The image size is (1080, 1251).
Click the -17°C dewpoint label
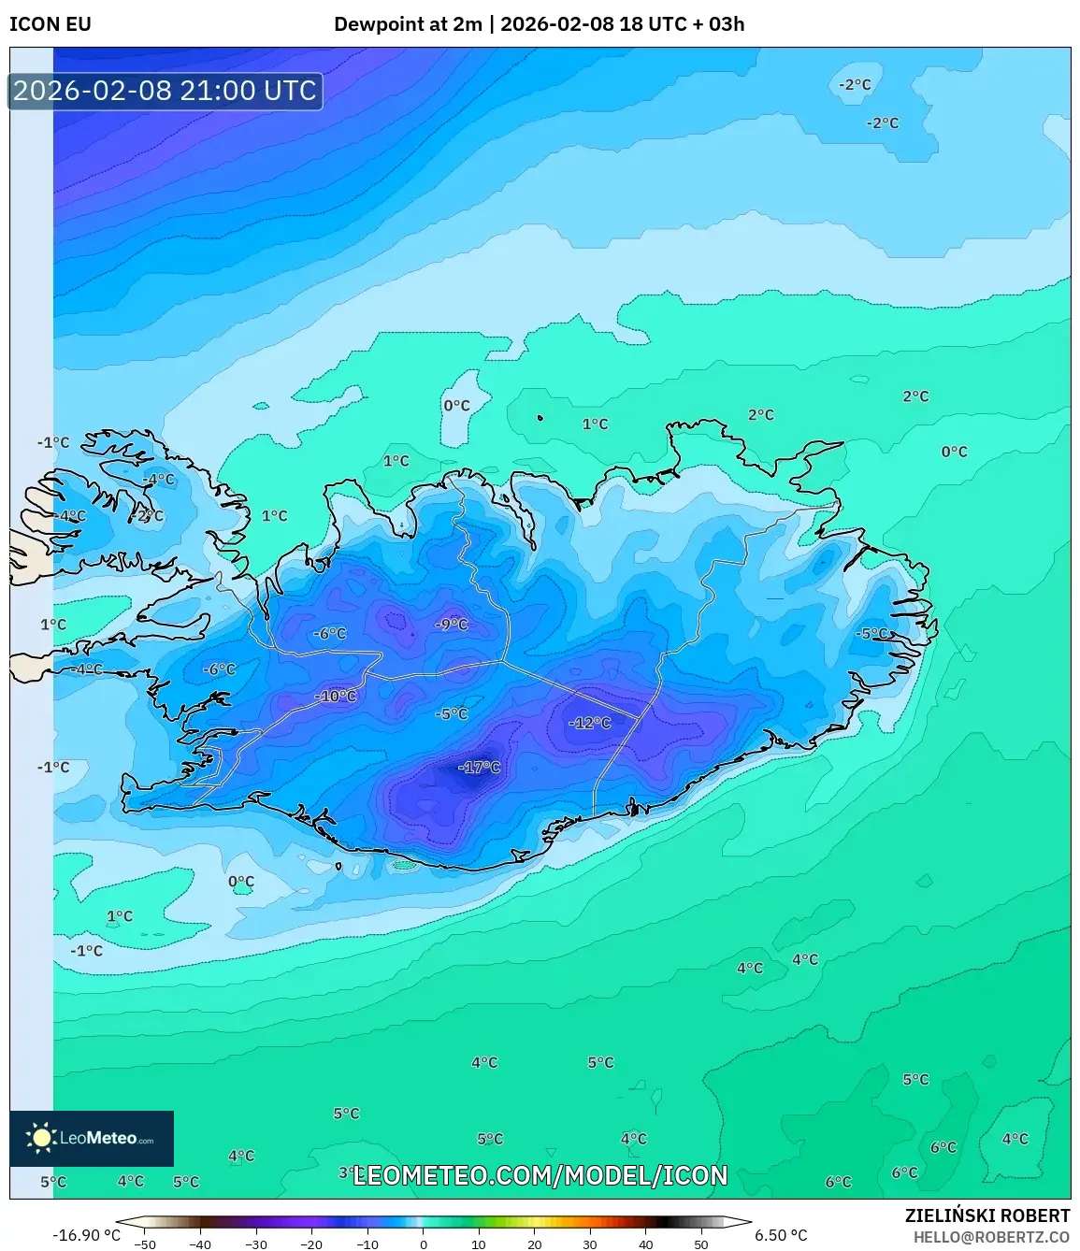click(x=479, y=768)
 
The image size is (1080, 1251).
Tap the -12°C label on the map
click(x=589, y=723)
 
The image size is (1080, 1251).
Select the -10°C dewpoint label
click(x=336, y=696)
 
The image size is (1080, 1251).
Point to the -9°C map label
click(x=452, y=624)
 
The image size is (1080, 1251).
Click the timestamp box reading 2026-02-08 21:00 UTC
click(x=166, y=91)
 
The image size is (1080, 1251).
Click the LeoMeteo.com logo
click(x=92, y=1138)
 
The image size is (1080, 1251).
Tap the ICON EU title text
click(x=50, y=24)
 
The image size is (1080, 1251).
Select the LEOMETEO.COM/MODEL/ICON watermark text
click(x=540, y=1175)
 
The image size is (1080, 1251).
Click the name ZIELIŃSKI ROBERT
click(x=986, y=1215)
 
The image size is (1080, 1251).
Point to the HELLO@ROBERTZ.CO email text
click(x=991, y=1237)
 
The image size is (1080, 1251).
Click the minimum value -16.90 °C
click(x=86, y=1235)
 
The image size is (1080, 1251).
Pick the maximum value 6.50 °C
click(x=780, y=1235)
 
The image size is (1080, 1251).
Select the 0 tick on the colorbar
click(x=424, y=1244)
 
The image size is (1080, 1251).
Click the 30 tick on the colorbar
click(x=590, y=1244)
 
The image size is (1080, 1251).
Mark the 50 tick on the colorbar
click(x=701, y=1244)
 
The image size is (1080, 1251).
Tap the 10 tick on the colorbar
click(x=479, y=1244)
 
